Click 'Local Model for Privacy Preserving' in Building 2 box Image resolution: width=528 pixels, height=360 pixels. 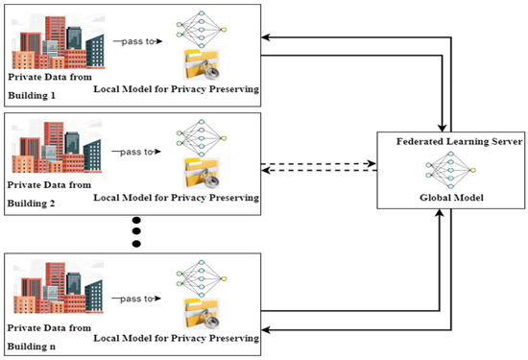[177, 199]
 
